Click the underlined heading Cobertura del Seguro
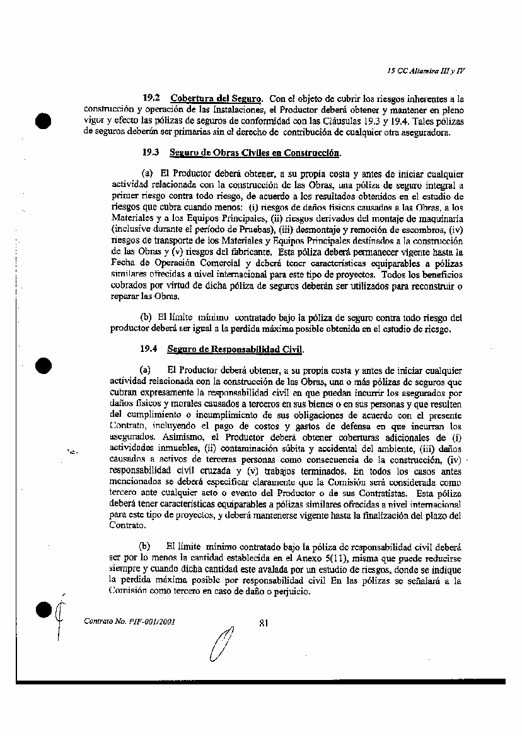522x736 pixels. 216,99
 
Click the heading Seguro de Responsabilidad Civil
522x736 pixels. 236,349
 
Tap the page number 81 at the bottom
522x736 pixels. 264,623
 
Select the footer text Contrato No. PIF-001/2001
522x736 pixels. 129,621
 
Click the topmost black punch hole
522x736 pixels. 43,122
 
